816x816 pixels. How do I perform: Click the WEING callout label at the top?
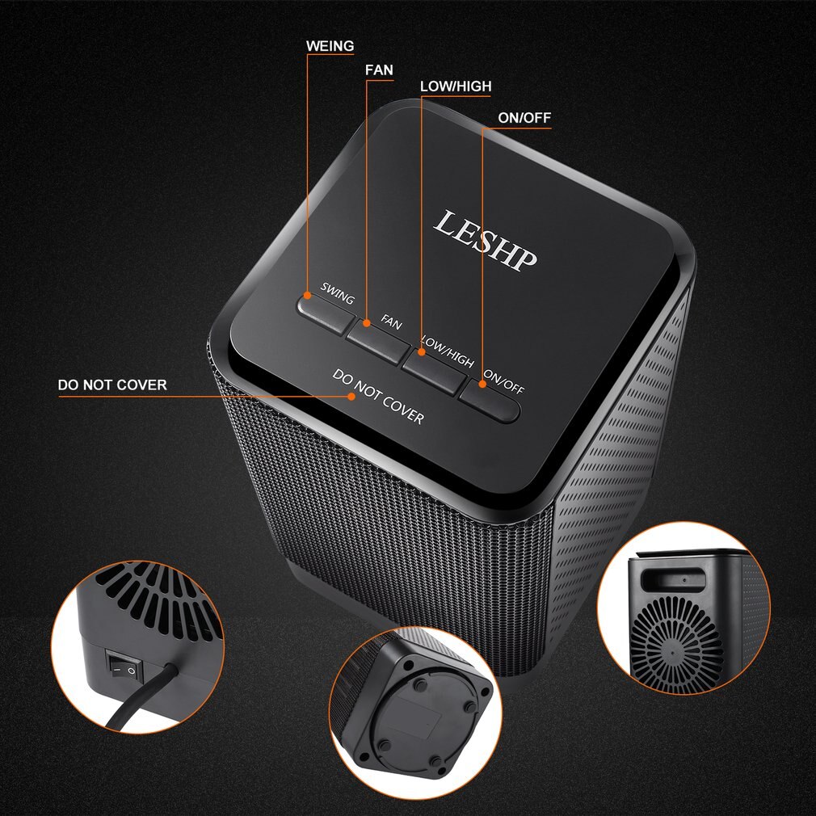(x=330, y=46)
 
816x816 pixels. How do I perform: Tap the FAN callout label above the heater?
(x=379, y=70)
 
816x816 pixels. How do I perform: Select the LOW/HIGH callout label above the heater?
(x=456, y=86)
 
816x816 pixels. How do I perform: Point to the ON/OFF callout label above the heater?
(x=524, y=118)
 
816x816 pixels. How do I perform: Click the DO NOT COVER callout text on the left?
(x=112, y=385)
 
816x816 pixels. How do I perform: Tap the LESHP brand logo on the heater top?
(x=485, y=240)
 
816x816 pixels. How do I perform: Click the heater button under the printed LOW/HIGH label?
(x=432, y=371)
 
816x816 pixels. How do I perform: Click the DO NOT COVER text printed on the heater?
(x=378, y=397)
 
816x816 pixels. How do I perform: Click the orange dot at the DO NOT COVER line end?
(x=351, y=396)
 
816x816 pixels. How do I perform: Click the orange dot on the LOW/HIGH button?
(x=421, y=352)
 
